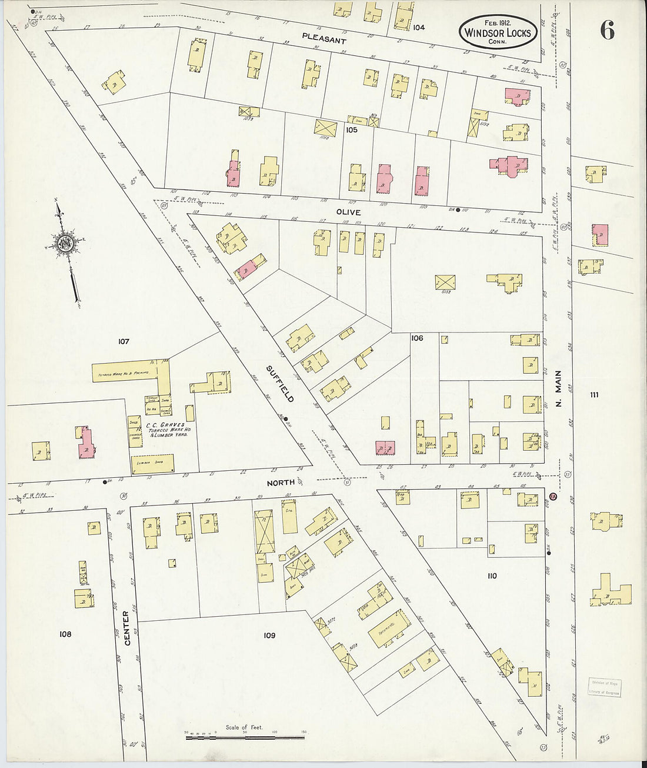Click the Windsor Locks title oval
498,32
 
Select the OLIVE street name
348,212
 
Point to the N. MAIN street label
559,388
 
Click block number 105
352,129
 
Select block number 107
123,341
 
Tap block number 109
269,635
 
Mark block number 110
492,576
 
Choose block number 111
594,395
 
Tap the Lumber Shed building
152,463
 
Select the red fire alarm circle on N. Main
553,496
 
